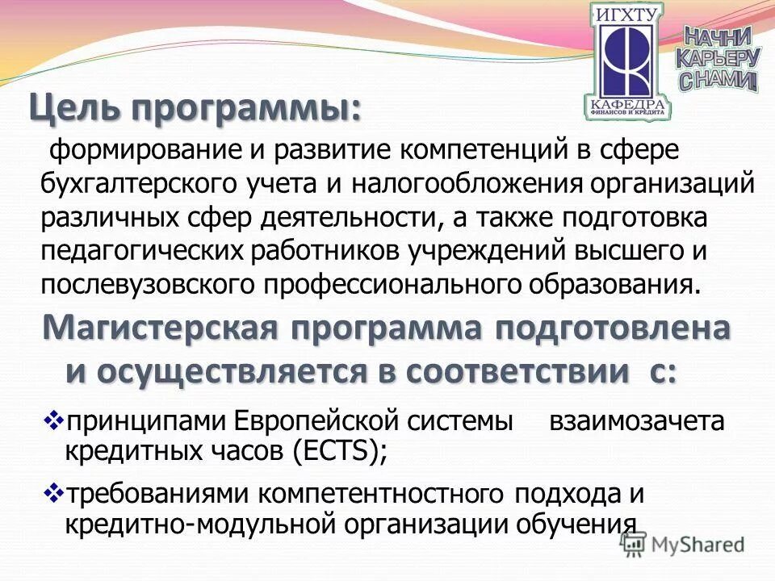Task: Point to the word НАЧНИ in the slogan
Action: [x=718, y=36]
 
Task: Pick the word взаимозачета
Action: [x=636, y=421]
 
